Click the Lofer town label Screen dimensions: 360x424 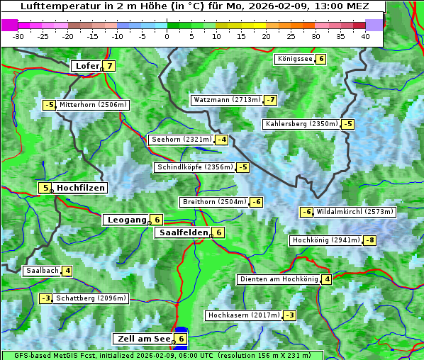tap(87, 66)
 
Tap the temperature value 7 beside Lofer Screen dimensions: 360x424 tap(109, 66)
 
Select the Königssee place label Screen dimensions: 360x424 tap(295, 59)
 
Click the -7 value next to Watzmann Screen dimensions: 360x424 tap(271, 100)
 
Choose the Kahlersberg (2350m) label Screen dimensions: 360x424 tap(301, 124)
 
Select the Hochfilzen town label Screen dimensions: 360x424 tap(81, 188)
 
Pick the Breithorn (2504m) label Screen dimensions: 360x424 tap(213, 202)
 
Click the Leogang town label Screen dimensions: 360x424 tap(126, 220)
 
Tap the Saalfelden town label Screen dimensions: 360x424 tap(183, 232)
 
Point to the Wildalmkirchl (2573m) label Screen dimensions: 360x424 tap(355, 211)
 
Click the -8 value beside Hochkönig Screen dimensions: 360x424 tap(370, 240)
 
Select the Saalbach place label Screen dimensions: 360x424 tap(42, 271)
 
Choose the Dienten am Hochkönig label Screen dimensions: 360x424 tap(279, 279)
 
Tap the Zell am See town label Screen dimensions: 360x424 tap(143, 339)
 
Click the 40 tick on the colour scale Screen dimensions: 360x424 tap(365, 36)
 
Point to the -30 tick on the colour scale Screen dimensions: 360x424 tap(18, 36)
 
